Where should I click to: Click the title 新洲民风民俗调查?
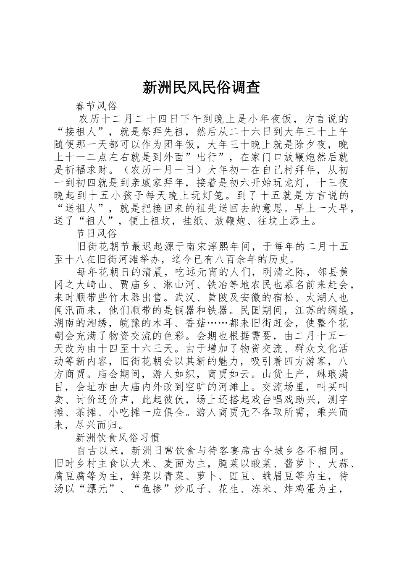point(201,87)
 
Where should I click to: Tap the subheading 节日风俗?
point(96,233)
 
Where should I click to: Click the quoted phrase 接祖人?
point(84,131)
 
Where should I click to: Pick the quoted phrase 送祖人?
point(84,208)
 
